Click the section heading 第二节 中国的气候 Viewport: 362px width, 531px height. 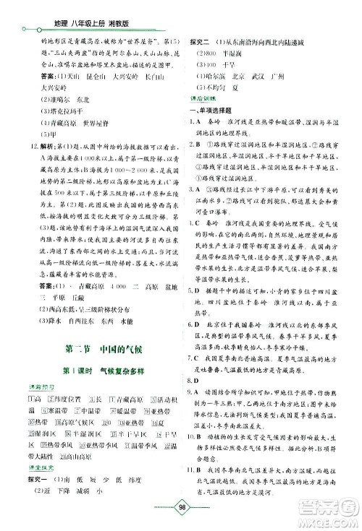[x=96, y=352]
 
